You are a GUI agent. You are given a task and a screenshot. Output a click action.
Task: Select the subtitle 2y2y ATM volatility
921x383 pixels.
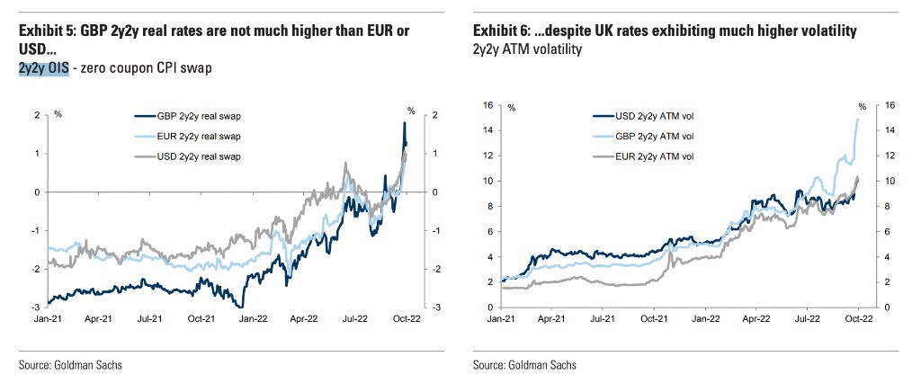[527, 49]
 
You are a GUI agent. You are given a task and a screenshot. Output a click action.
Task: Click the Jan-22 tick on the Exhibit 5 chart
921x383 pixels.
[252, 317]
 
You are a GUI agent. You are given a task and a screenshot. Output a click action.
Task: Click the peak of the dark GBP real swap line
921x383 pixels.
[404, 123]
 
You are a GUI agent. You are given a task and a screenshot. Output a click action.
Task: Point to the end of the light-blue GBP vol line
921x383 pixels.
[857, 120]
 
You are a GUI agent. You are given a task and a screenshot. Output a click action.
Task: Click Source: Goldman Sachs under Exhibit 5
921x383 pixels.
[71, 365]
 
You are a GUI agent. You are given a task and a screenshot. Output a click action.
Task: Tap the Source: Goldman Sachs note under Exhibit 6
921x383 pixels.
[524, 365]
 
